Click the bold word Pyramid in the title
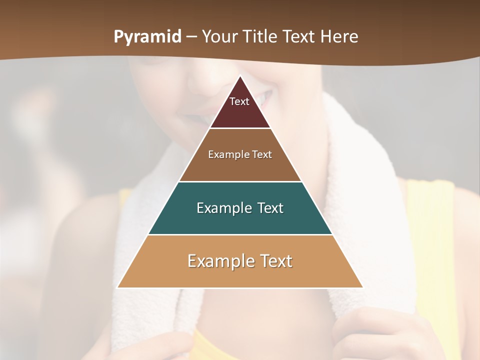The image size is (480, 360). point(147,37)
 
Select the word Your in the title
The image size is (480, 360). point(219,36)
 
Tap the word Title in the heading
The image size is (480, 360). point(260,36)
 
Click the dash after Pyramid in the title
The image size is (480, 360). point(191,37)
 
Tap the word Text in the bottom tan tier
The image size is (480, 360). point(275,261)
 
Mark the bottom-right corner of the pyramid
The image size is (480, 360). point(362,287)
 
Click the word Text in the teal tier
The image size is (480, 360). point(269,208)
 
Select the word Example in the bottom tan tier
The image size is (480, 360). point(220,261)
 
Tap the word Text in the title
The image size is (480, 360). point(299,36)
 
